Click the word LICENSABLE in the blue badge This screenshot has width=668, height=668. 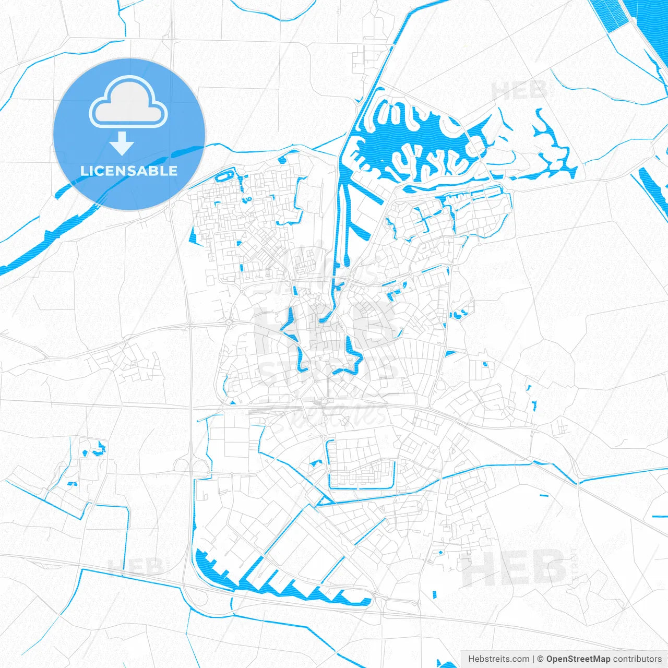pos(129,171)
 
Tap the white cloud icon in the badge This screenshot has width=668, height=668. pos(128,102)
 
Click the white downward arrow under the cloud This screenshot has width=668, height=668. pos(122,144)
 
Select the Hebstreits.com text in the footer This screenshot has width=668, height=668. pos(498,659)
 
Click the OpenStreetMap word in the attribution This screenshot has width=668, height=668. pos(578,659)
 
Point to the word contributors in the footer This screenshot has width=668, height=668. pos(637,659)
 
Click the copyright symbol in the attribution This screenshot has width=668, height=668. pos(541,659)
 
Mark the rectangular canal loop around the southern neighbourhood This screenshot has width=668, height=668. pos(360,464)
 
